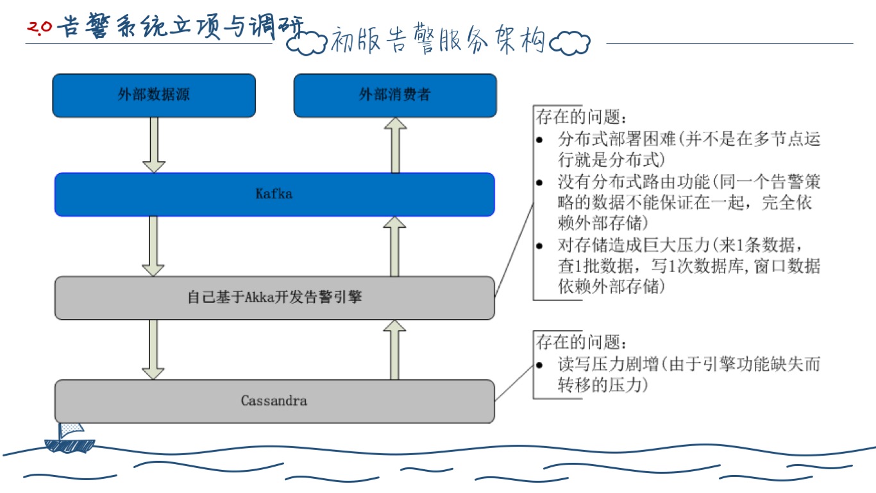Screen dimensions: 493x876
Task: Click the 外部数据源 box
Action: pyautogui.click(x=154, y=96)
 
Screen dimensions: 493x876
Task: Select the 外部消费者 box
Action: pyautogui.click(x=395, y=96)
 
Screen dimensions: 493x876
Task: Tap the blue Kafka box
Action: pyautogui.click(x=274, y=194)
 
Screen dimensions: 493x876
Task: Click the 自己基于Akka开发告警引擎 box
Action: pyautogui.click(x=274, y=298)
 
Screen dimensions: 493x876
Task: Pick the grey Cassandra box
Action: pyautogui.click(x=274, y=401)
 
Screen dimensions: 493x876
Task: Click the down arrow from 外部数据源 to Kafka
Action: pyautogui.click(x=154, y=145)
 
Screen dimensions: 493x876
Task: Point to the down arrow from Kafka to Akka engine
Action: pyautogui.click(x=154, y=246)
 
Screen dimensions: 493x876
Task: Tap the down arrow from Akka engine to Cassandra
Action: pyautogui.click(x=154, y=349)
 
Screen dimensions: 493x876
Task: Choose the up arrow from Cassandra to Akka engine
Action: pyautogui.click(x=395, y=349)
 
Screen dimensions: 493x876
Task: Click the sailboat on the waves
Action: pyautogui.click(x=68, y=438)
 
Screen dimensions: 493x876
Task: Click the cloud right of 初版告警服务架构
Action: pyautogui.click(x=570, y=43)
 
